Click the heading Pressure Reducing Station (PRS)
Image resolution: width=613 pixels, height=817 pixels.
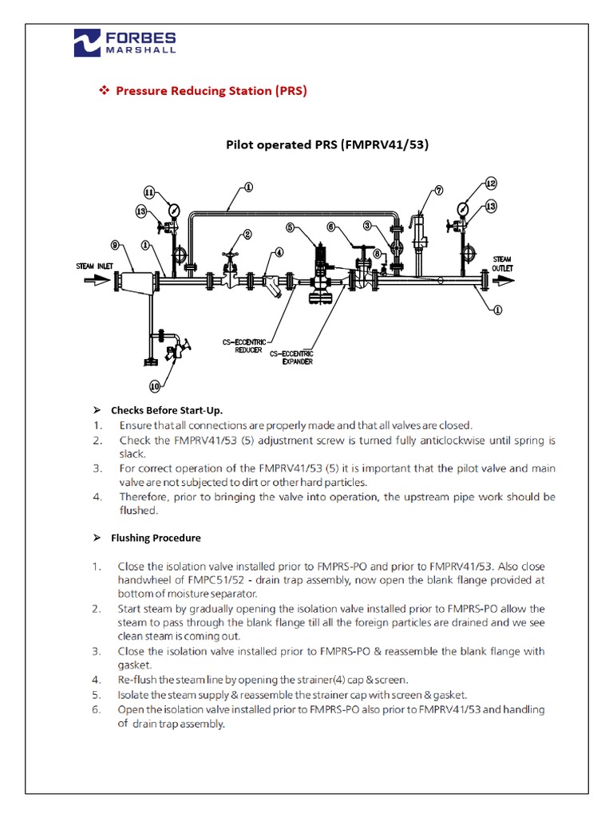point(211,91)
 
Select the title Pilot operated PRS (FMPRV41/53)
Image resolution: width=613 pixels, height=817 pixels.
point(327,145)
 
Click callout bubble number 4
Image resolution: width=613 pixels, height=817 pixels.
point(279,252)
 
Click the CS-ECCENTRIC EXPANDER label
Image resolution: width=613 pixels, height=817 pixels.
point(291,357)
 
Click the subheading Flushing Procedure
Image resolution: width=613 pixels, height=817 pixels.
point(156,538)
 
